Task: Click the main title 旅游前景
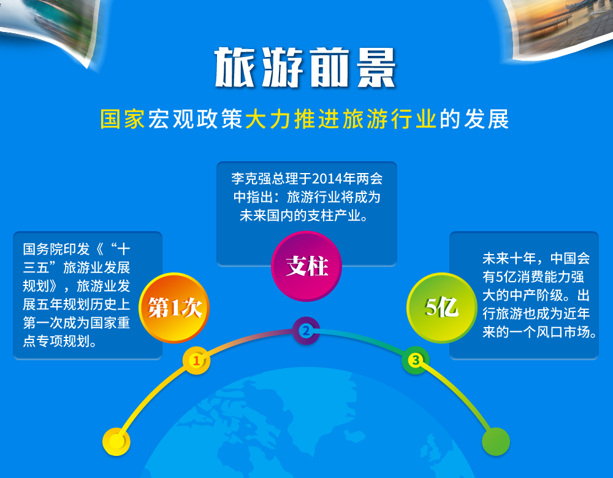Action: coord(305,67)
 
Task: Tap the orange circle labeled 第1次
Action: coord(174,307)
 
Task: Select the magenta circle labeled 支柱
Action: coord(306,266)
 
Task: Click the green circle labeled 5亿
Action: coord(442,307)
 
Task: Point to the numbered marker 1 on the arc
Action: coord(196,360)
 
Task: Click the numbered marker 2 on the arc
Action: coord(306,331)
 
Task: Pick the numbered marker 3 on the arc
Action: coord(416,360)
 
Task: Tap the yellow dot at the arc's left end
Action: coord(116,442)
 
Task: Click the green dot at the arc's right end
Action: coord(496,442)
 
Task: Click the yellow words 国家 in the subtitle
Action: coord(123,119)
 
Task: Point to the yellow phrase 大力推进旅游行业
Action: coord(340,119)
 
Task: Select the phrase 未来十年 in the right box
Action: coord(509,258)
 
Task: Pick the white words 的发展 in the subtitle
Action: coord(474,119)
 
